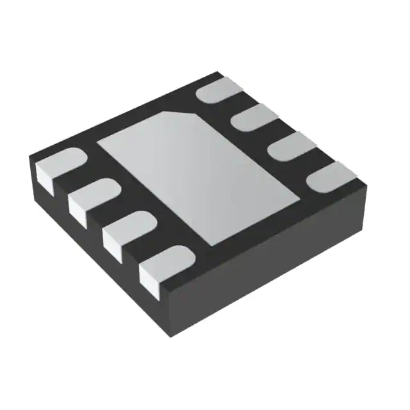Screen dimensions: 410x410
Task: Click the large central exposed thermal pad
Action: (x=199, y=176)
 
